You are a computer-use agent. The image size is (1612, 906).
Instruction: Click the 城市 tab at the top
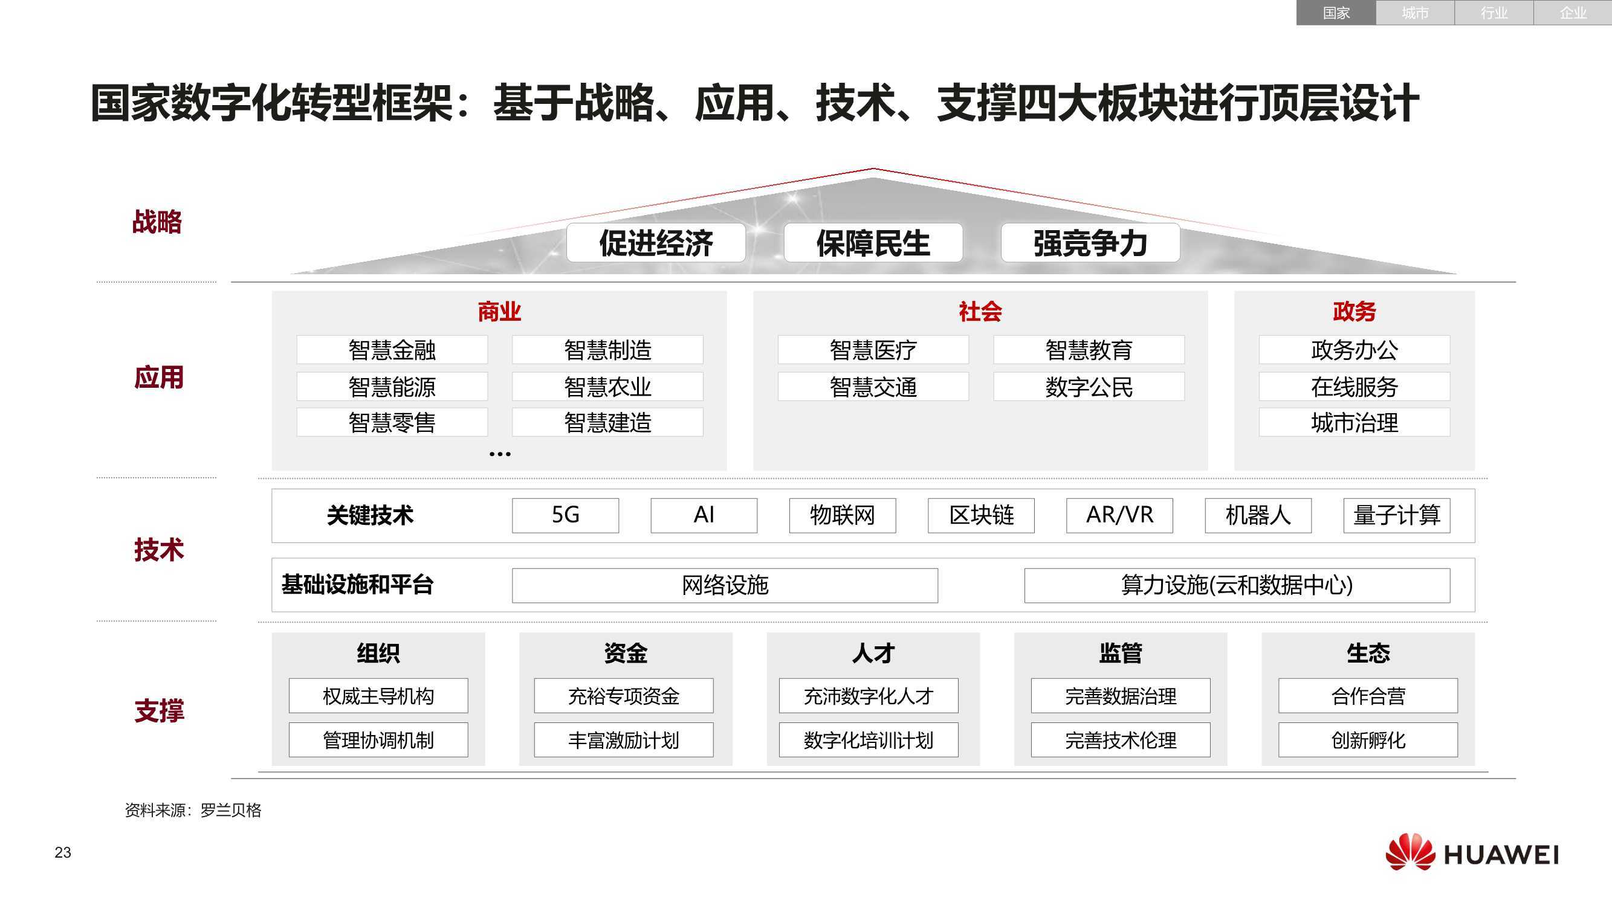coord(1414,13)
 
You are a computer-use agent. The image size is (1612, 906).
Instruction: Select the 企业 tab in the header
coord(1572,13)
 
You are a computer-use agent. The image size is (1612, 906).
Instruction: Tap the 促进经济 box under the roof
coord(656,243)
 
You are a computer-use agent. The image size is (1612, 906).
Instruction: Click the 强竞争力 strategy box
coord(1090,243)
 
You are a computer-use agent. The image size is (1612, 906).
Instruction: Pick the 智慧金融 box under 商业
coord(392,350)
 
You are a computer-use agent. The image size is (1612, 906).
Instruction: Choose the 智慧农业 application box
coord(607,387)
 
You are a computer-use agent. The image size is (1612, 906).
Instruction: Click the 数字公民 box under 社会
coord(1088,387)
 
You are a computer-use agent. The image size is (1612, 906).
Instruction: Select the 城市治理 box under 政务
coord(1354,423)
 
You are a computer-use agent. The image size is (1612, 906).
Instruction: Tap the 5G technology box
coord(565,515)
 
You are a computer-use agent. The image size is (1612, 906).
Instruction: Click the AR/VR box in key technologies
coord(1119,515)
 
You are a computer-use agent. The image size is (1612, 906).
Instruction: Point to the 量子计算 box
coord(1397,515)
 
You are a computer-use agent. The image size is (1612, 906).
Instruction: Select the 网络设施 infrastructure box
coord(725,585)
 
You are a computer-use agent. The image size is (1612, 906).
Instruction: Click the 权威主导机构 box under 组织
coord(378,695)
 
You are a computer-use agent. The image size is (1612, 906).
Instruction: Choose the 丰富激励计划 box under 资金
coord(623,740)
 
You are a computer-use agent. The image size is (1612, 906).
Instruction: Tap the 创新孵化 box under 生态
coord(1368,740)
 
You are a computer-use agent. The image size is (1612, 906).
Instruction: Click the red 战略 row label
coord(157,222)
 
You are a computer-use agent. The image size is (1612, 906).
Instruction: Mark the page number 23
coord(63,852)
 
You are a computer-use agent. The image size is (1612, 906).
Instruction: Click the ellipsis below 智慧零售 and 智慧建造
coord(499,454)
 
